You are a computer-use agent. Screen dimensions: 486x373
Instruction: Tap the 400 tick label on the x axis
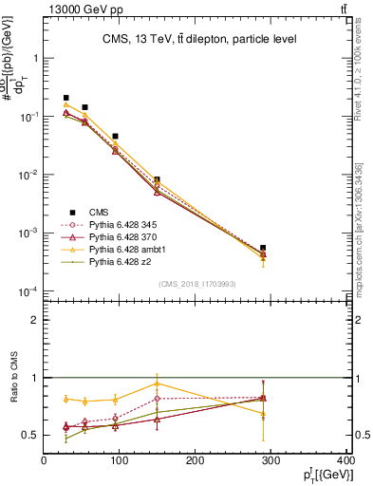345,461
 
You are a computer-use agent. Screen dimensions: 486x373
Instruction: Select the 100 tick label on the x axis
120,461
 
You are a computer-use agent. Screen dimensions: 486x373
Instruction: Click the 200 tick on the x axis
195,461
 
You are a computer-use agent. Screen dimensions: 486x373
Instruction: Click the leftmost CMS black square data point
66,98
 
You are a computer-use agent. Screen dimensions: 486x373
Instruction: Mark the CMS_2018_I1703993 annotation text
196,284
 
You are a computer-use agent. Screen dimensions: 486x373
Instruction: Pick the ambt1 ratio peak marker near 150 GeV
157,383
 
